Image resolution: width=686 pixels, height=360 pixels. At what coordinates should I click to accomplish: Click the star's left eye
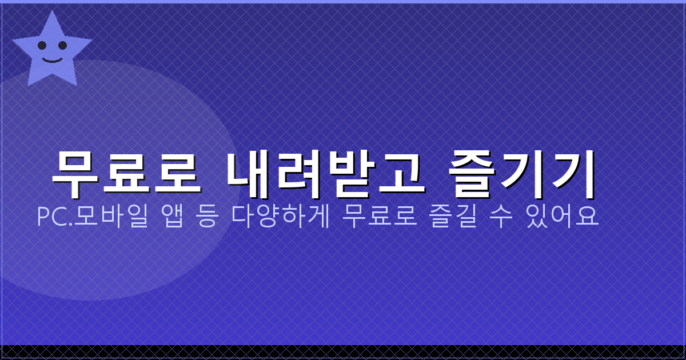(42, 45)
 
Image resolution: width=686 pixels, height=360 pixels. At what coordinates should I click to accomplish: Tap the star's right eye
(62, 45)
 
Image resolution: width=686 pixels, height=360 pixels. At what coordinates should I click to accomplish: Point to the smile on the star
(52, 58)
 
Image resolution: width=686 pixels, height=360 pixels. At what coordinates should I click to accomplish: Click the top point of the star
(53, 12)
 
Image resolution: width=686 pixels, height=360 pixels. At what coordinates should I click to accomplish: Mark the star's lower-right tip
(77, 85)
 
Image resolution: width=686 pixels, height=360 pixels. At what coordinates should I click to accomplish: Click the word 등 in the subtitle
(206, 217)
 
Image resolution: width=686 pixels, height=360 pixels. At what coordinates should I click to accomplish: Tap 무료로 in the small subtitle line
(378, 217)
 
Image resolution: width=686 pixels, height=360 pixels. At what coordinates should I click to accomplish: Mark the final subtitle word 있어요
(563, 217)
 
